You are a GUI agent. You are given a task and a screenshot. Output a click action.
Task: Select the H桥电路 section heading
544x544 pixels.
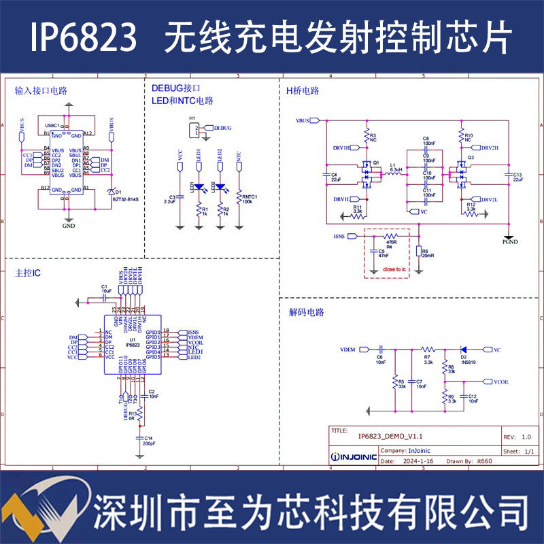[302, 90]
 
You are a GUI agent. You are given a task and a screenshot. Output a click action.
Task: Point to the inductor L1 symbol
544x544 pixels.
[393, 175]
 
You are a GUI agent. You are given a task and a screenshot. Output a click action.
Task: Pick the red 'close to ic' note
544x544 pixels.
[394, 270]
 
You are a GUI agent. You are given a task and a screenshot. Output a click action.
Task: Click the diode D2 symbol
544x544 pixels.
[463, 350]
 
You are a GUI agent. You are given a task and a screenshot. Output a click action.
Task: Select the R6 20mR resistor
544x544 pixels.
[419, 252]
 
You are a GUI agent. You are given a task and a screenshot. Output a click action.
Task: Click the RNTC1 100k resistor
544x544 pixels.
[239, 197]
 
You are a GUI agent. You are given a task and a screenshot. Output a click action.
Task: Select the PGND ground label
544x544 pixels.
[510, 241]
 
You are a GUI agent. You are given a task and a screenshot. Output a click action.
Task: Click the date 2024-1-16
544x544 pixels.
[415, 460]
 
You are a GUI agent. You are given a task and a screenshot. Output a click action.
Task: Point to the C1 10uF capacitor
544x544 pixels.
[104, 297]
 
